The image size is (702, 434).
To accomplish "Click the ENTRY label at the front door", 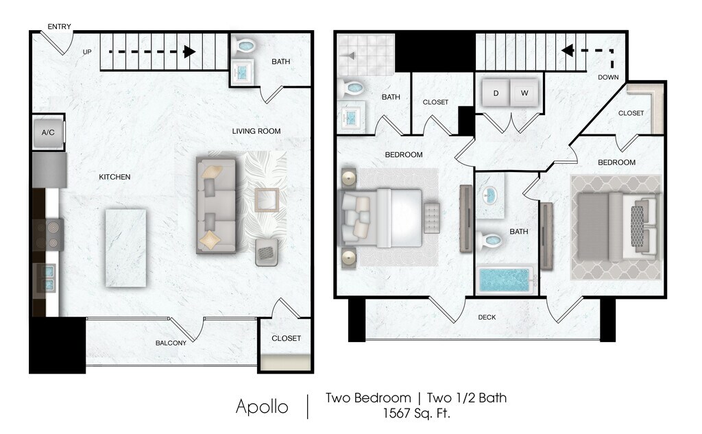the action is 59,27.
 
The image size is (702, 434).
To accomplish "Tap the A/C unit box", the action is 49,132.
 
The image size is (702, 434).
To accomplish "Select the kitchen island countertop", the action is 126,248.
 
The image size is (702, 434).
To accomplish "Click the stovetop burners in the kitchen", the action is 49,234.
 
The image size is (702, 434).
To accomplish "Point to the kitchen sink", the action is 47,278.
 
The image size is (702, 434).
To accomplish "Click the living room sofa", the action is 216,206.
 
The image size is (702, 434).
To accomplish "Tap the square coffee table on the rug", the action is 267,200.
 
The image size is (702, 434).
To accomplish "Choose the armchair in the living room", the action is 267,252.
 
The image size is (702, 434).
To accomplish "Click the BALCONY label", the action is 171,343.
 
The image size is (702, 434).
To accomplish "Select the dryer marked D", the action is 496,93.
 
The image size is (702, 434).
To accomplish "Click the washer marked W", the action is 524,93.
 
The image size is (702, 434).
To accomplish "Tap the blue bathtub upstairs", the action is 505,280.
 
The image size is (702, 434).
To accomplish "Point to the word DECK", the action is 487,317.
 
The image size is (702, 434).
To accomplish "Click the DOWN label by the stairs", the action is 608,77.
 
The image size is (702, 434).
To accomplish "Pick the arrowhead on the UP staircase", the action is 189,52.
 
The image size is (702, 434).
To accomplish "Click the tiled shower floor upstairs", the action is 366,55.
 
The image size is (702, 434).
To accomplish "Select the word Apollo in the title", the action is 262,407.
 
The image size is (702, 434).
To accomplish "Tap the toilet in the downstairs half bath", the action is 245,45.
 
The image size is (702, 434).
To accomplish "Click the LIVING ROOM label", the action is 256,131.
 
